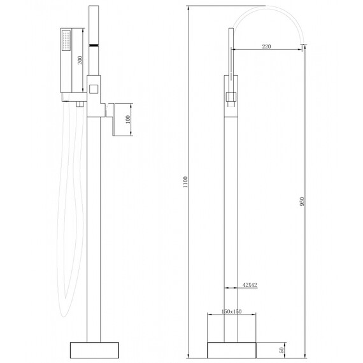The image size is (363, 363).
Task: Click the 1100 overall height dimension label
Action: coord(185,182)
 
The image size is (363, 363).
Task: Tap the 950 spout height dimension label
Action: coord(301,202)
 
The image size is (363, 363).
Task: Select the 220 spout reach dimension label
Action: coord(266,46)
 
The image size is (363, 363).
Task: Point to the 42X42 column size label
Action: coord(250,285)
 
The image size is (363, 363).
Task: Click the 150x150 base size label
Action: coord(232,311)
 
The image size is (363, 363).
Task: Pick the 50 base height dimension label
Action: coord(281,350)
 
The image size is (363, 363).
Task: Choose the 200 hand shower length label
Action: coord(80,60)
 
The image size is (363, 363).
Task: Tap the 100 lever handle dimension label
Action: coord(127,120)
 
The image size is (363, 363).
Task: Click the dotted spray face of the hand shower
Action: coord(66,40)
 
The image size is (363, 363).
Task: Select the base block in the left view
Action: coord(94,350)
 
